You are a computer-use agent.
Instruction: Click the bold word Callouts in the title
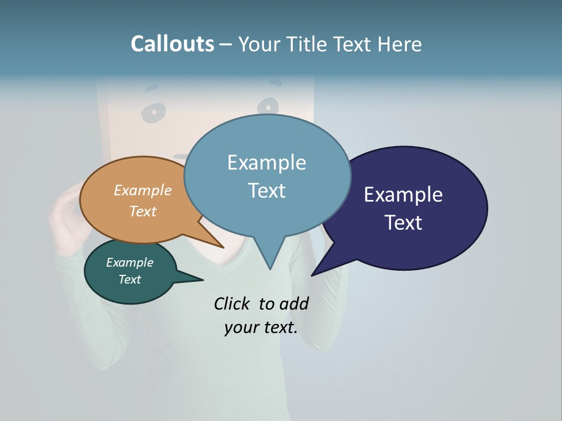point(172,44)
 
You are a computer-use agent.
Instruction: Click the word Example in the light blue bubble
point(266,163)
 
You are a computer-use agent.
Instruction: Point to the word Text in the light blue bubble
point(266,191)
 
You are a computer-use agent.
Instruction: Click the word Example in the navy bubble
point(403,195)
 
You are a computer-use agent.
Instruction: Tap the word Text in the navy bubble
point(403,223)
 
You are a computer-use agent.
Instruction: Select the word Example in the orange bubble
point(142,191)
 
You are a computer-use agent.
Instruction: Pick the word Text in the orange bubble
point(142,211)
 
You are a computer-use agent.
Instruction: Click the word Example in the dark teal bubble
point(129,263)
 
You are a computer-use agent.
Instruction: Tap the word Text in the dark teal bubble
point(129,279)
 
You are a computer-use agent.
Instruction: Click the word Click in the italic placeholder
point(233,303)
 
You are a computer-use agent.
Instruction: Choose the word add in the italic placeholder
point(293,303)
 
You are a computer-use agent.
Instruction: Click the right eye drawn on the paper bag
point(268,106)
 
